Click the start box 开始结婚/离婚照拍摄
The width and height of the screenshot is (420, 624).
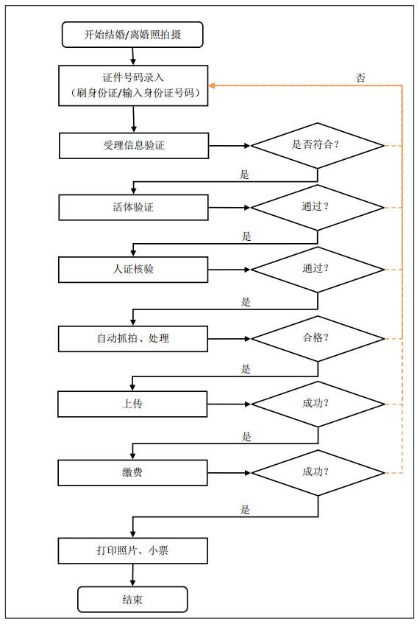point(132,35)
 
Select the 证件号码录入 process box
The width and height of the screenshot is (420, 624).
point(133,85)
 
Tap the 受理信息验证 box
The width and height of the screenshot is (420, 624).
point(134,146)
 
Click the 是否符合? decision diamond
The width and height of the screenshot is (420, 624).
point(318,146)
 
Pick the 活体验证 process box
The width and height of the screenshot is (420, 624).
point(134,207)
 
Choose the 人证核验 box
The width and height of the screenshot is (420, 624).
point(133,270)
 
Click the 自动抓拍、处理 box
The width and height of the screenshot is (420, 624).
point(133,339)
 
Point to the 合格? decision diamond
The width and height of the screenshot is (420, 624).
point(318,339)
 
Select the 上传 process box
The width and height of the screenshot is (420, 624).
point(132,404)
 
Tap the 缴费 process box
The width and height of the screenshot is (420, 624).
point(132,473)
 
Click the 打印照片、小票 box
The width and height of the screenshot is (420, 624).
point(132,551)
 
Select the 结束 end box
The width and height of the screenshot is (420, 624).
point(132,600)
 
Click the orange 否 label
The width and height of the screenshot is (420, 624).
point(360,78)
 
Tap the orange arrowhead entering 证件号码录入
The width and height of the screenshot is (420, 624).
point(212,85)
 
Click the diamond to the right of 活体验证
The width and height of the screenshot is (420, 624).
point(318,207)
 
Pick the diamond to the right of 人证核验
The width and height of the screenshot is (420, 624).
point(318,270)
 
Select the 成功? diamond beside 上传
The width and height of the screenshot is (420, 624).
point(318,404)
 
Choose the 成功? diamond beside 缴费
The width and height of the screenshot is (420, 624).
point(318,473)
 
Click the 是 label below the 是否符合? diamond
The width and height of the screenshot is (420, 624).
point(244,175)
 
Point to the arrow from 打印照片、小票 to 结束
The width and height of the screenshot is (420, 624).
point(132,575)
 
